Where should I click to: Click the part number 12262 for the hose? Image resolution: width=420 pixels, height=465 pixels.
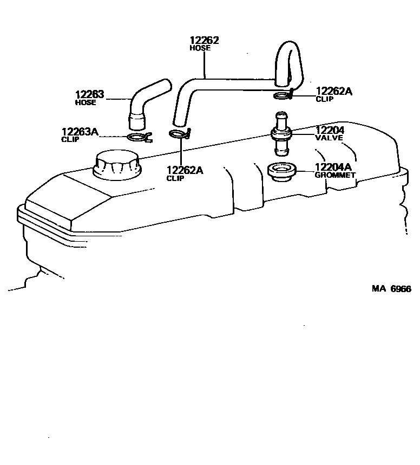point(204,40)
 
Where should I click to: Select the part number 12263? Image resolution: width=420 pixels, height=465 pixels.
point(90,95)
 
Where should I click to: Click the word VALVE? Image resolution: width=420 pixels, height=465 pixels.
point(329,138)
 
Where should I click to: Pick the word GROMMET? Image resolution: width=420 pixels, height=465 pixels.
point(336,175)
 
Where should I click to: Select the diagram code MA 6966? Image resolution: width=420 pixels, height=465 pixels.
point(391,288)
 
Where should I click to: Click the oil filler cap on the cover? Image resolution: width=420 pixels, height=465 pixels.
point(116,164)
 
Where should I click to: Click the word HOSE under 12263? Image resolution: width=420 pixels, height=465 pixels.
point(86,102)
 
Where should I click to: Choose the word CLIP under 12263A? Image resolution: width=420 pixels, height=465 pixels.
point(70,139)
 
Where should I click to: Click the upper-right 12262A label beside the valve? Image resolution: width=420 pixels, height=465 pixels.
point(334,91)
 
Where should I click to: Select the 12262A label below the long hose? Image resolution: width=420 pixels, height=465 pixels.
point(185,170)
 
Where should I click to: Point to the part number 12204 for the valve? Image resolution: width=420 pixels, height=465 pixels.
point(330,130)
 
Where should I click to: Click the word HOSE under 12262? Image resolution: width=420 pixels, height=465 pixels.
point(200,48)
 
